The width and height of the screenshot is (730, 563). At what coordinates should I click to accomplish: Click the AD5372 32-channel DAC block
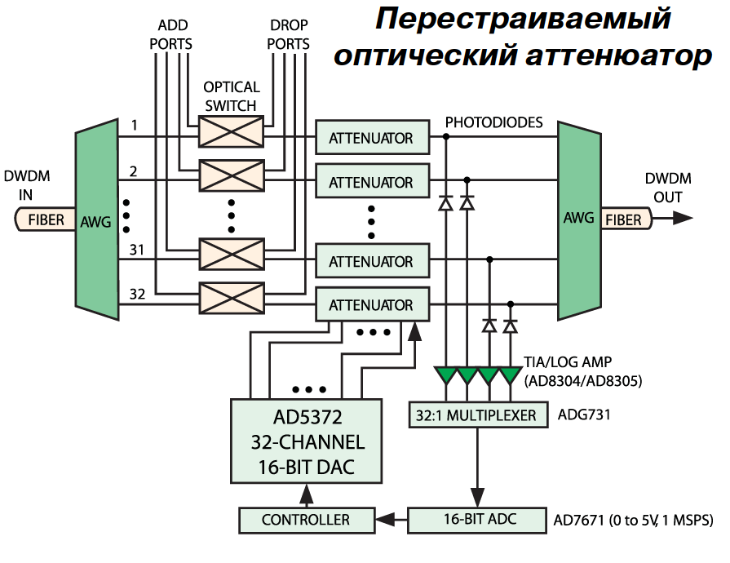coord(307,441)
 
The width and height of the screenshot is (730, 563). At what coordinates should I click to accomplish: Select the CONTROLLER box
coord(307,520)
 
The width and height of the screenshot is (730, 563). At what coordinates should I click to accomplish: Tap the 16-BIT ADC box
coord(477,520)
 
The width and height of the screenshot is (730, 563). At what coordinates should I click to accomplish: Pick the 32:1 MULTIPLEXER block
coord(479,414)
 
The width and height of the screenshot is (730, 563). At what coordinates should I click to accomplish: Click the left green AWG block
coord(97,219)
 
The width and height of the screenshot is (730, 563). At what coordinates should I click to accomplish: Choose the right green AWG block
coord(579,221)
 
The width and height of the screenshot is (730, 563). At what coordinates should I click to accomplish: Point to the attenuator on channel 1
coord(373,137)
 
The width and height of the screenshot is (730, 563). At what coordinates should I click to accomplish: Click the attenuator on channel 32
coord(373,304)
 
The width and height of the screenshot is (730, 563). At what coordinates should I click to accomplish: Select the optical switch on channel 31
coord(232,255)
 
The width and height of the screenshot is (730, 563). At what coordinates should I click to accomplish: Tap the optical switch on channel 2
coord(232,175)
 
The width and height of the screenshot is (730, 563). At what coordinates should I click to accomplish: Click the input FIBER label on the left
coord(46,219)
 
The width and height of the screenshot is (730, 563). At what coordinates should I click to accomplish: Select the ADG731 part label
coord(584,414)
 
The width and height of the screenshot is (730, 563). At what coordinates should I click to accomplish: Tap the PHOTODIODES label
coord(494,122)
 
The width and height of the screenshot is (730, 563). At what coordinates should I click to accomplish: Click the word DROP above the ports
coord(289,24)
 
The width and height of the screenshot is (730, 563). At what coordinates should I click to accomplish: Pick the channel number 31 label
coord(137,250)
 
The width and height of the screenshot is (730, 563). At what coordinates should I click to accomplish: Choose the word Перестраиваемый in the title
coord(523,20)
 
